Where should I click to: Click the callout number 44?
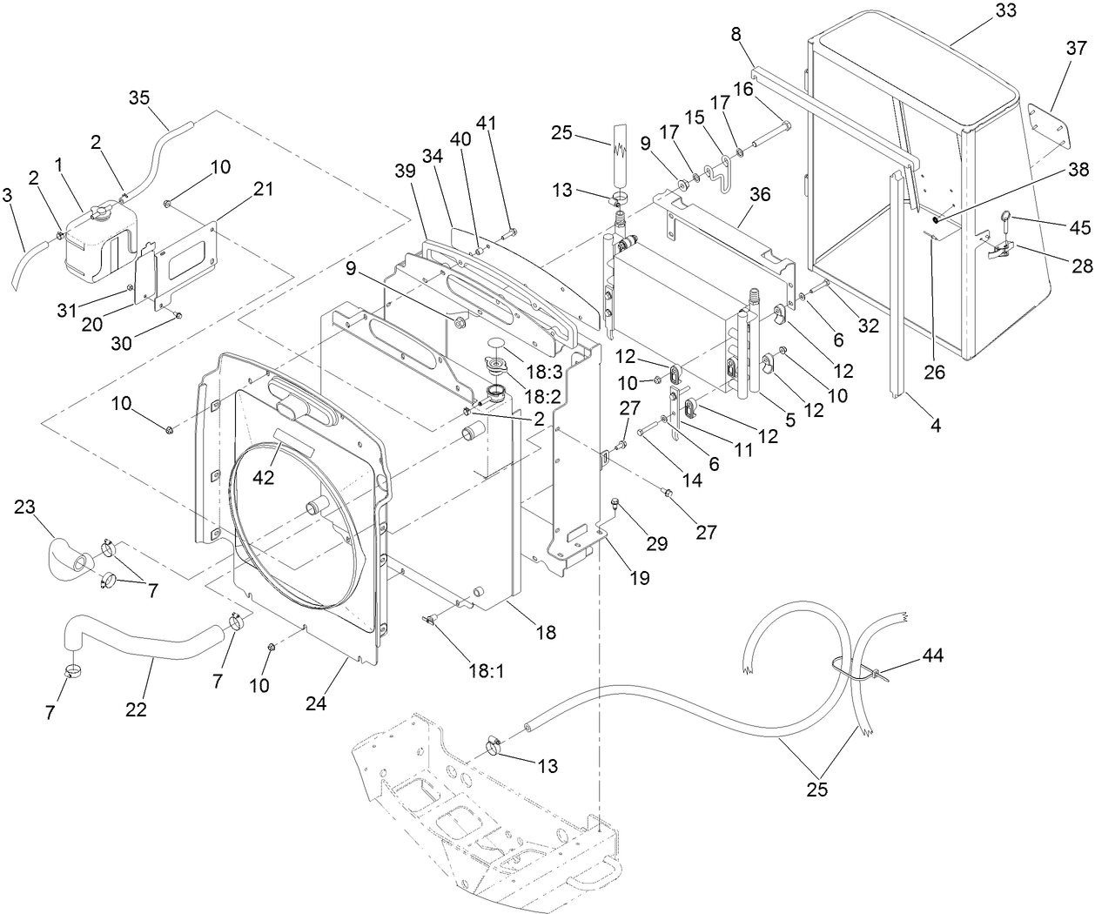click(932, 655)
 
